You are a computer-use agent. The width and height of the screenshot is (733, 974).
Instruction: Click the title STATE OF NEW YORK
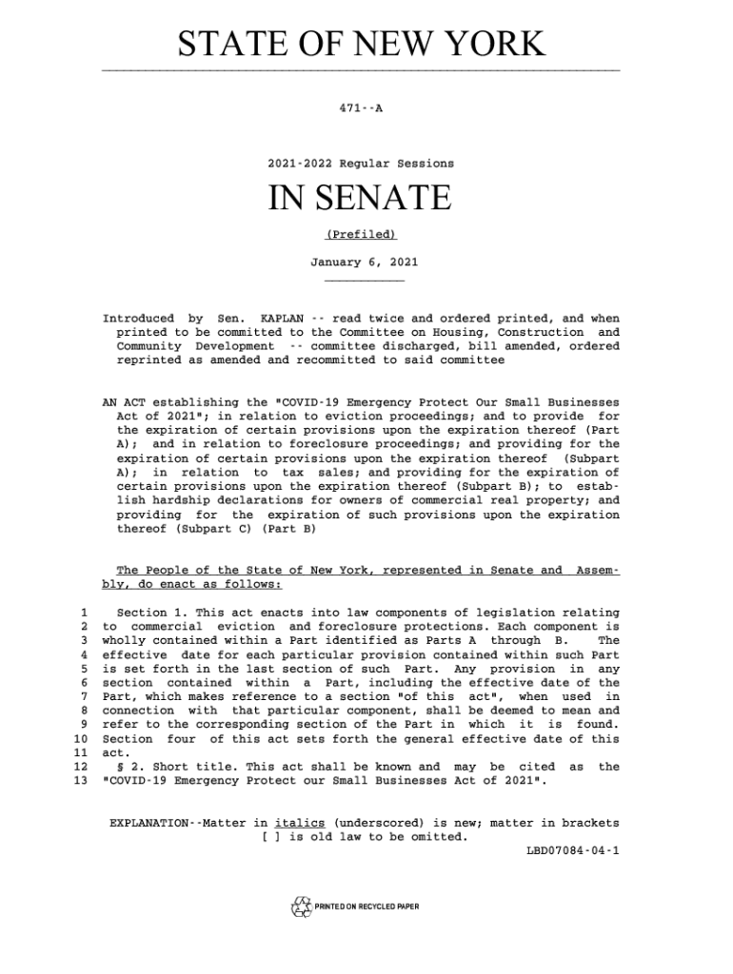(x=362, y=45)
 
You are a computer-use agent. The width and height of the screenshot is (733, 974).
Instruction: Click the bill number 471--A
(x=361, y=108)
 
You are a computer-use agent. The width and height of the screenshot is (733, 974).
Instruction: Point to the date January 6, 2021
(x=364, y=261)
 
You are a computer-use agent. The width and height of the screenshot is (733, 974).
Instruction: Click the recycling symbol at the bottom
(x=302, y=906)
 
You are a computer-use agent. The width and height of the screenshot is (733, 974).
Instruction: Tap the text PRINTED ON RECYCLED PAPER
(x=366, y=907)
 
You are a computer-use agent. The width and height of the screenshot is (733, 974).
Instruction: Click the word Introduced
(x=137, y=318)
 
